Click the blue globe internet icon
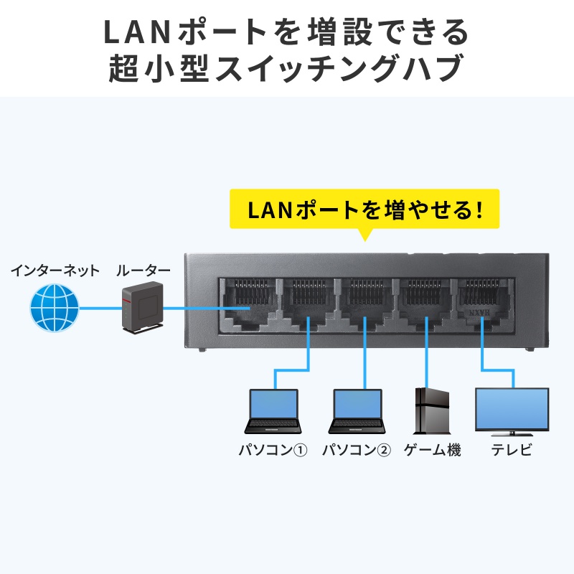click(54, 308)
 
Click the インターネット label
click(55, 271)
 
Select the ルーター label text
click(143, 271)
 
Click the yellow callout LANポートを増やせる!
click(364, 210)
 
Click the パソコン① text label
click(273, 451)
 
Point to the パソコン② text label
click(357, 451)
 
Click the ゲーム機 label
click(432, 451)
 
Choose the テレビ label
click(512, 451)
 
